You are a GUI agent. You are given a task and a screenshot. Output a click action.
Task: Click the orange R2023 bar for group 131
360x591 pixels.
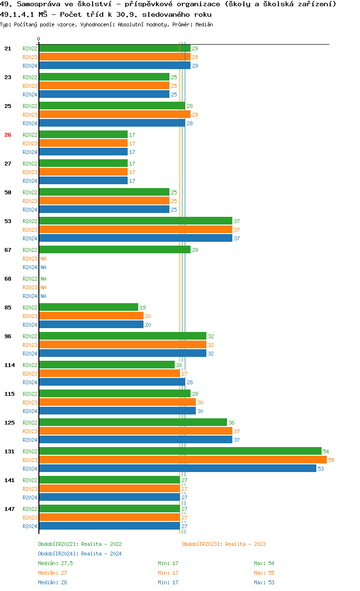pyautogui.click(x=182, y=460)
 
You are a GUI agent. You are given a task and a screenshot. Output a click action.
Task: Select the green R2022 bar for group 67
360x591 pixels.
pyautogui.click(x=114, y=250)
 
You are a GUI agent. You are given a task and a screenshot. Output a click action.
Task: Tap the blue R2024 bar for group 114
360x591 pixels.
pyautogui.click(x=112, y=382)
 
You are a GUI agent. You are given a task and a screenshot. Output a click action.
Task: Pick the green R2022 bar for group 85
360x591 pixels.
pyautogui.click(x=88, y=307)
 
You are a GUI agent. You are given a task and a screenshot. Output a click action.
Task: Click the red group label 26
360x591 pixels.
pyautogui.click(x=8, y=135)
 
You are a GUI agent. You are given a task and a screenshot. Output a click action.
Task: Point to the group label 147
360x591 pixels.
pyautogui.click(x=9, y=509)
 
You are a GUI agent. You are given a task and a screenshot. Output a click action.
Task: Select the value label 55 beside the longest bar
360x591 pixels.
pyautogui.click(x=331, y=460)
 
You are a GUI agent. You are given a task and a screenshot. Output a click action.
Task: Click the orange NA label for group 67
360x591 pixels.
pyautogui.click(x=43, y=259)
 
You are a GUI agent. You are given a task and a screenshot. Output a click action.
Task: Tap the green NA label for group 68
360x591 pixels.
pyautogui.click(x=43, y=279)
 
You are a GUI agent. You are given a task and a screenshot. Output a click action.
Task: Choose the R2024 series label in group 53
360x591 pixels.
pyautogui.click(x=30, y=238)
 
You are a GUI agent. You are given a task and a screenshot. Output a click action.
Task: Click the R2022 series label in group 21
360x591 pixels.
pyautogui.click(x=30, y=48)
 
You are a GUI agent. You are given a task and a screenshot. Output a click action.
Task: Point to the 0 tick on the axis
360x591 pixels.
pyautogui.click(x=39, y=39)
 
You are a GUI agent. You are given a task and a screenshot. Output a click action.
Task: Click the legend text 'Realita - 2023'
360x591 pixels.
pyautogui.click(x=245, y=544)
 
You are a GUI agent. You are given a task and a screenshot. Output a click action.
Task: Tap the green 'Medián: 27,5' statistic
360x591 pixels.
pyautogui.click(x=55, y=563)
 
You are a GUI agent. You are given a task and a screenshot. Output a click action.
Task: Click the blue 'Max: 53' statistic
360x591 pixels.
pyautogui.click(x=264, y=582)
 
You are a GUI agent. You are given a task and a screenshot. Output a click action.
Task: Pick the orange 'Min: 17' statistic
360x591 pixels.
pyautogui.click(x=168, y=573)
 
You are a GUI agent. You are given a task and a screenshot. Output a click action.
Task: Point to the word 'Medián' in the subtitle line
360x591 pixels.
pyautogui.click(x=205, y=24)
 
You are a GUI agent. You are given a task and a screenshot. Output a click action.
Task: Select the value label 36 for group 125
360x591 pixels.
pyautogui.click(x=231, y=423)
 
